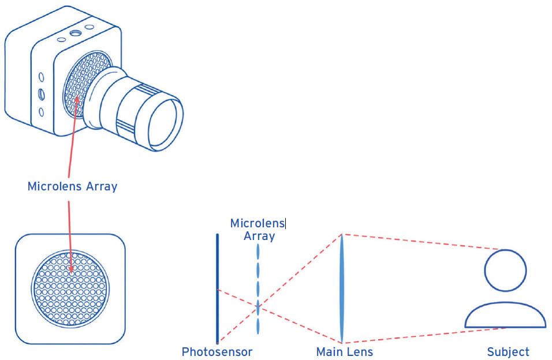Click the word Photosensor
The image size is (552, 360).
point(217,351)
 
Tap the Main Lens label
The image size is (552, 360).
point(344,351)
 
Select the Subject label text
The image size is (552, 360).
point(508,351)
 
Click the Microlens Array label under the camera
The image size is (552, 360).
point(72,186)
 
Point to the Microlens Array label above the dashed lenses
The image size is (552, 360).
point(258,229)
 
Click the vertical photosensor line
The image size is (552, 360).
point(217,288)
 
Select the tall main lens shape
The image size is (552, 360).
point(342,288)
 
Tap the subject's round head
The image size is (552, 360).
point(505,271)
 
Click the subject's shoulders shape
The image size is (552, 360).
point(505,318)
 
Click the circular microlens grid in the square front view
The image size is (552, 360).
point(70,287)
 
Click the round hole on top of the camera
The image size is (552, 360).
point(74,33)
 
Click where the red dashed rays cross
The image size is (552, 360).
point(258,306)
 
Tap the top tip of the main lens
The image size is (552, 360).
point(342,235)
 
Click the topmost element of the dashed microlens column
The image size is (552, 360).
point(258,252)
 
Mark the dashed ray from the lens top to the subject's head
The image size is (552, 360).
point(422,242)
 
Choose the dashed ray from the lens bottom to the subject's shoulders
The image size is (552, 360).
point(422,335)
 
